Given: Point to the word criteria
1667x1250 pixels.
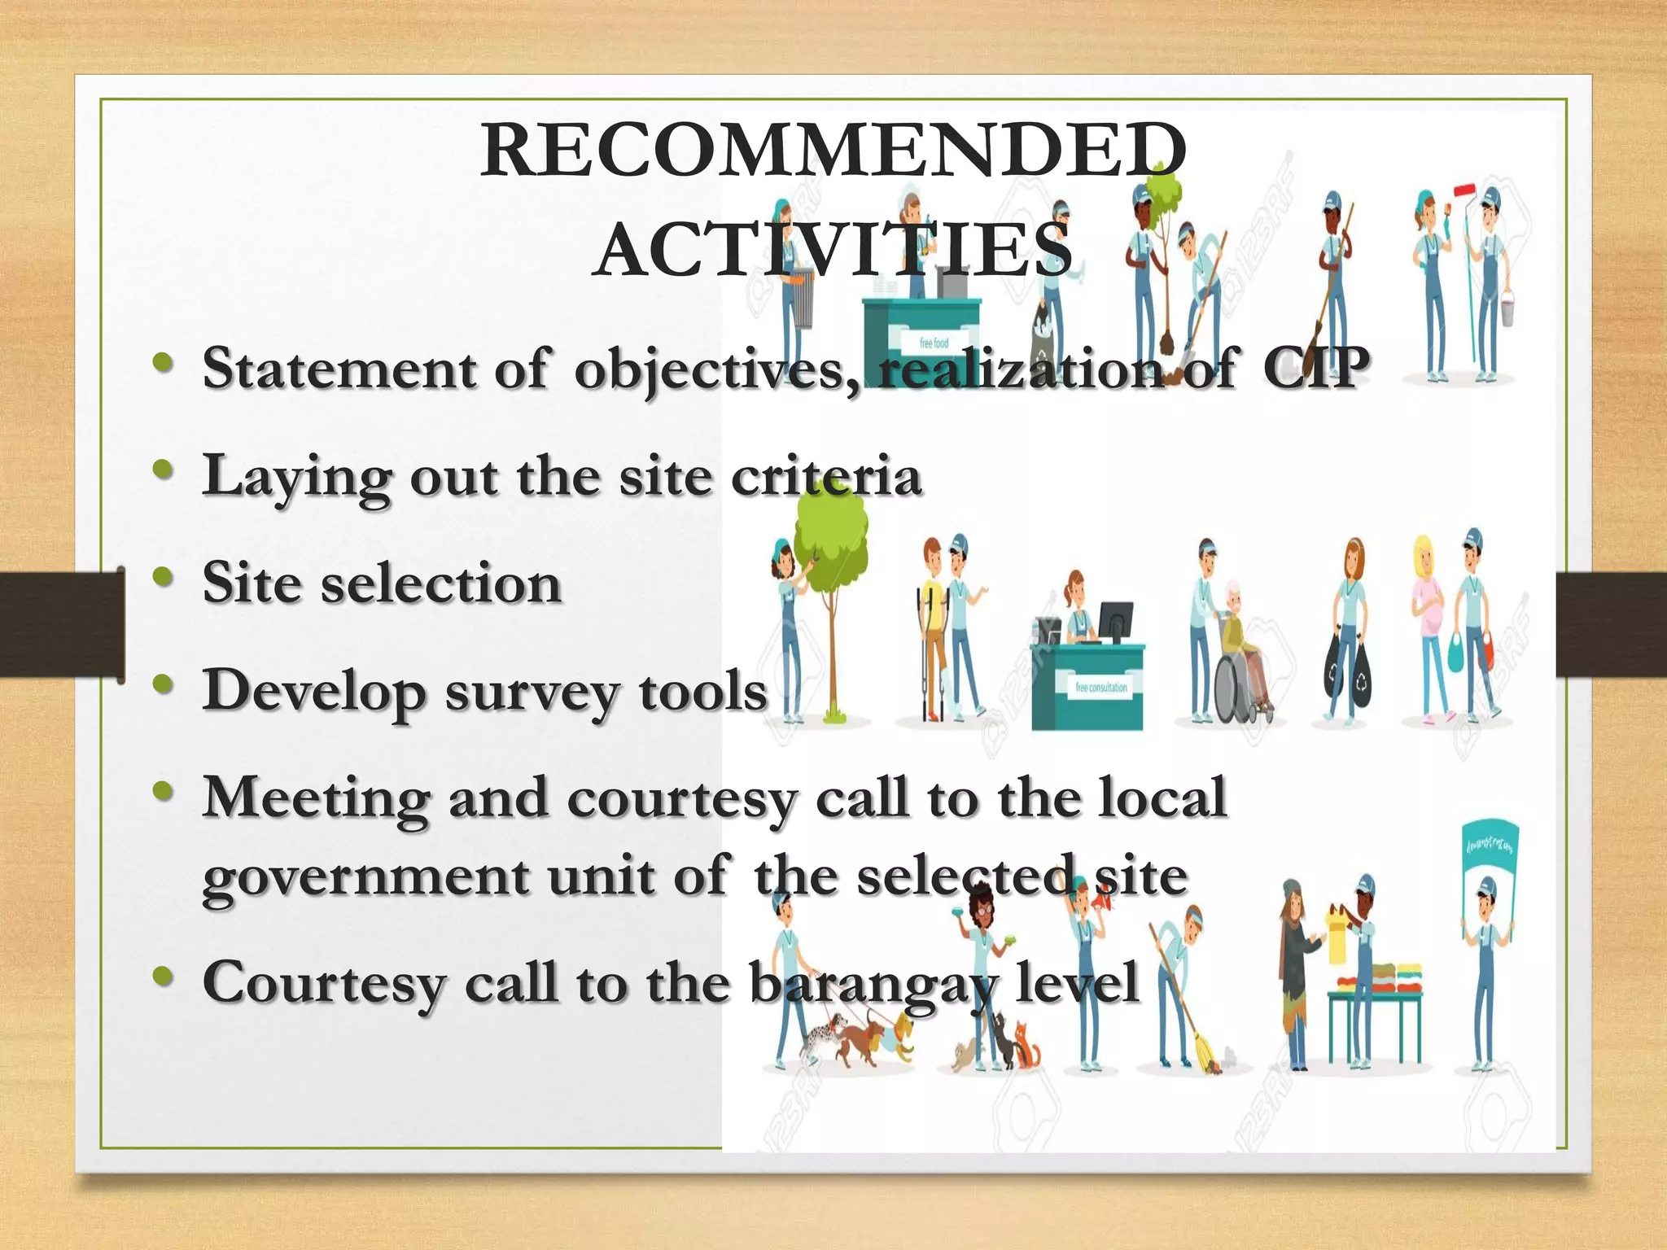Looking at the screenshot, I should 826,476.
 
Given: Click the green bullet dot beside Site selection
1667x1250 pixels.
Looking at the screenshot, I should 164,578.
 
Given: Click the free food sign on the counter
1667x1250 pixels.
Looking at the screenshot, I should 934,343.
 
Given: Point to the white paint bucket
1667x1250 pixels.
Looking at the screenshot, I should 1507,309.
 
